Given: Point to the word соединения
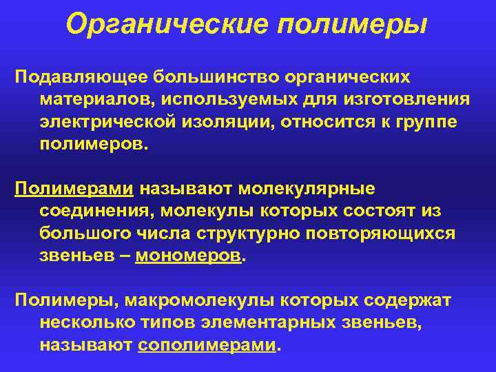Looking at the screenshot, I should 99,211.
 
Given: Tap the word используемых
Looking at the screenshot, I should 247,99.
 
